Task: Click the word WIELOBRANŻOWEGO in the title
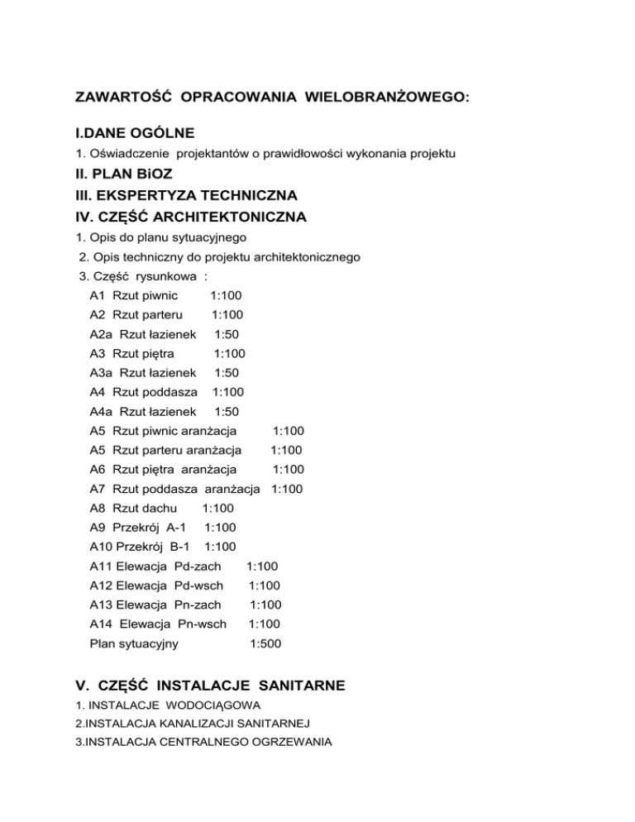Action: [386, 98]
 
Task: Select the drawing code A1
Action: [98, 295]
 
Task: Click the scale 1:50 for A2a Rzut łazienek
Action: [227, 334]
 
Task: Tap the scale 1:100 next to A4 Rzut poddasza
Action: [227, 392]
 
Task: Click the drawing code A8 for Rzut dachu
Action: [98, 509]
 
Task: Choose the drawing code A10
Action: [102, 547]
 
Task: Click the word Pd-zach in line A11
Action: [198, 566]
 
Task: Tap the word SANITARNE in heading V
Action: [292, 685]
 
